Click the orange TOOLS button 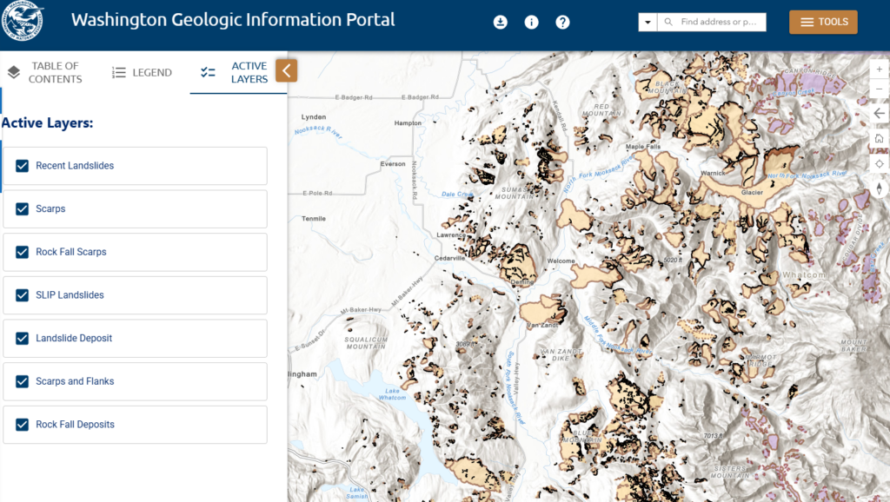click(x=823, y=22)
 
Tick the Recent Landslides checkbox click(x=23, y=166)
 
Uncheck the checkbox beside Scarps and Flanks click(x=23, y=381)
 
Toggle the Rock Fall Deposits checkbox click(x=23, y=425)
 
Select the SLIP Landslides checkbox click(x=23, y=295)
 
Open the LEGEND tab click(x=143, y=73)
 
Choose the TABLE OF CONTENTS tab click(x=44, y=73)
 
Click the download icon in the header click(x=501, y=23)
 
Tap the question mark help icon click(x=562, y=23)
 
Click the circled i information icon click(x=532, y=23)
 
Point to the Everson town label click(x=393, y=163)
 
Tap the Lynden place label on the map click(x=313, y=116)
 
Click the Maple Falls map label click(x=643, y=147)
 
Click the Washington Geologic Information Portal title click(x=233, y=20)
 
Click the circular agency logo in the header click(x=22, y=22)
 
